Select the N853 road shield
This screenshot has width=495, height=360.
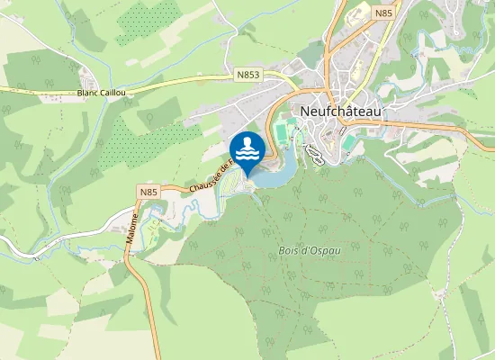(x=248, y=76)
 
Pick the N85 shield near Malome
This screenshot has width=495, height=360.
(x=148, y=191)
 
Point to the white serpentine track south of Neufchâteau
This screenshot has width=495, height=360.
(x=314, y=154)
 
